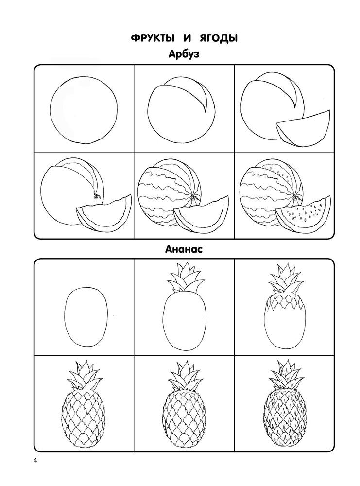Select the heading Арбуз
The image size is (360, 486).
click(184, 54)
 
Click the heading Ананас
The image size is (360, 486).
click(184, 249)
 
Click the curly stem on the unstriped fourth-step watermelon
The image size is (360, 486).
click(96, 196)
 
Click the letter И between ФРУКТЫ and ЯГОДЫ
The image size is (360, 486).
click(186, 38)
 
